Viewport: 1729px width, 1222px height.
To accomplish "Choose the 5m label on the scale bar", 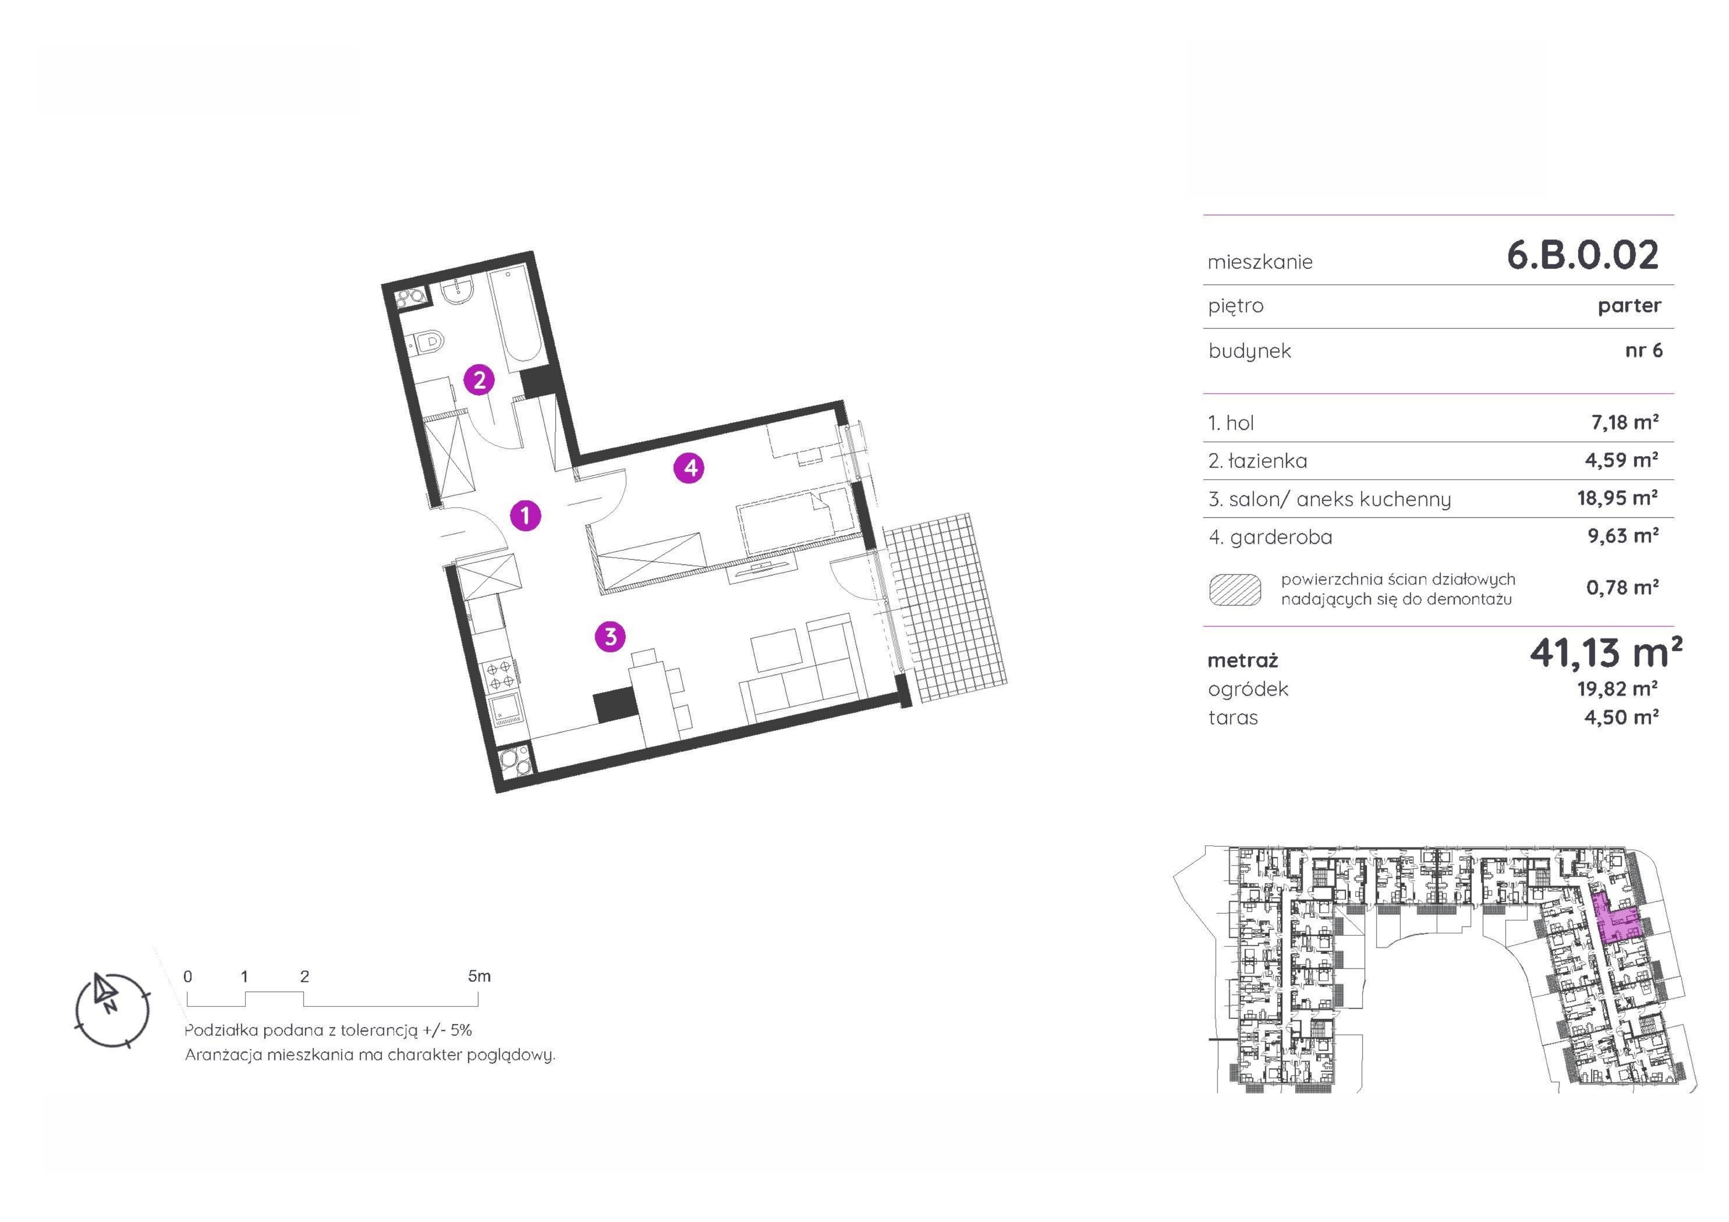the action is point(479,976).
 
